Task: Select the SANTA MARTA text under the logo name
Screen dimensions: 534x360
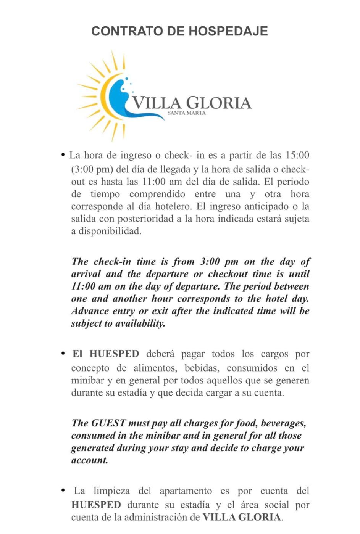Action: (x=187, y=113)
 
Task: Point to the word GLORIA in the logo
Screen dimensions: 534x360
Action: (x=219, y=103)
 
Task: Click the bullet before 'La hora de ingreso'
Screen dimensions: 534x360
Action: (x=63, y=155)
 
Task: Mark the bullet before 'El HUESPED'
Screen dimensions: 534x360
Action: (x=63, y=354)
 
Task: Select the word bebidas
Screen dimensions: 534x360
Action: (x=202, y=368)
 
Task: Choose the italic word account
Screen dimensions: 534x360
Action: (x=89, y=460)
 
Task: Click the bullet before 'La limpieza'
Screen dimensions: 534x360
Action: (x=63, y=490)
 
